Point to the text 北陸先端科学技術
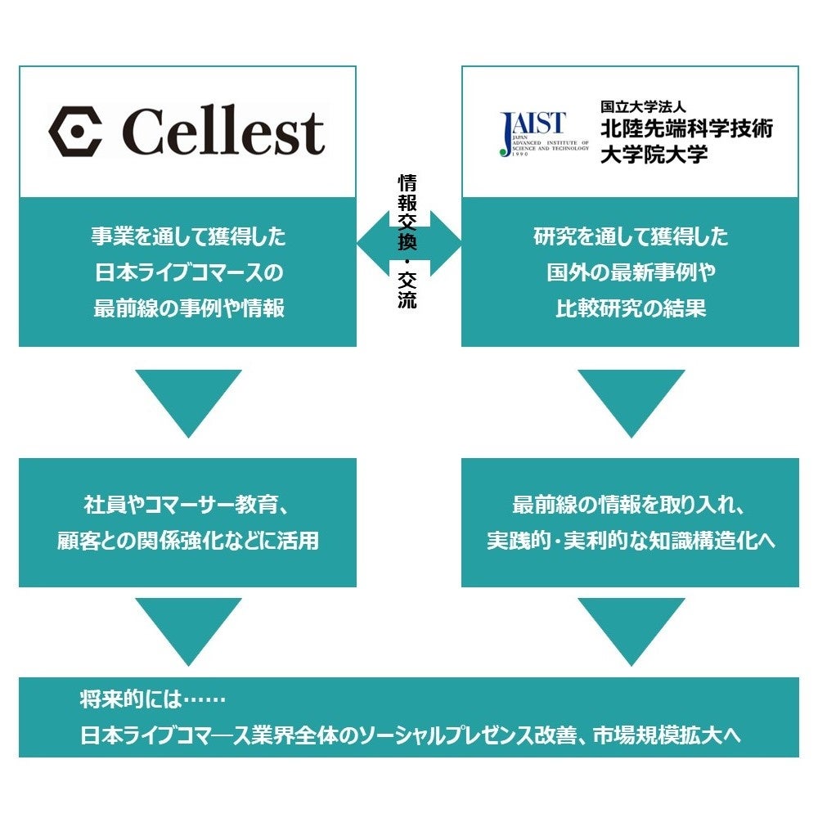686,129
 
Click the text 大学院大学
654,154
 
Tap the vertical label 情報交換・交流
407,241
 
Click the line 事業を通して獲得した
188,237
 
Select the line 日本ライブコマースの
188,272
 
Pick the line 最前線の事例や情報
188,308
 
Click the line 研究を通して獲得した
631,237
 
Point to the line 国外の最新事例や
631,272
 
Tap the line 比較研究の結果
631,308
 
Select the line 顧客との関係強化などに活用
188,541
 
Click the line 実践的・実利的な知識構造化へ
631,541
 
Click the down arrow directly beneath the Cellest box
188,399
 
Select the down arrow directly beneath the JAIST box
631,399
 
